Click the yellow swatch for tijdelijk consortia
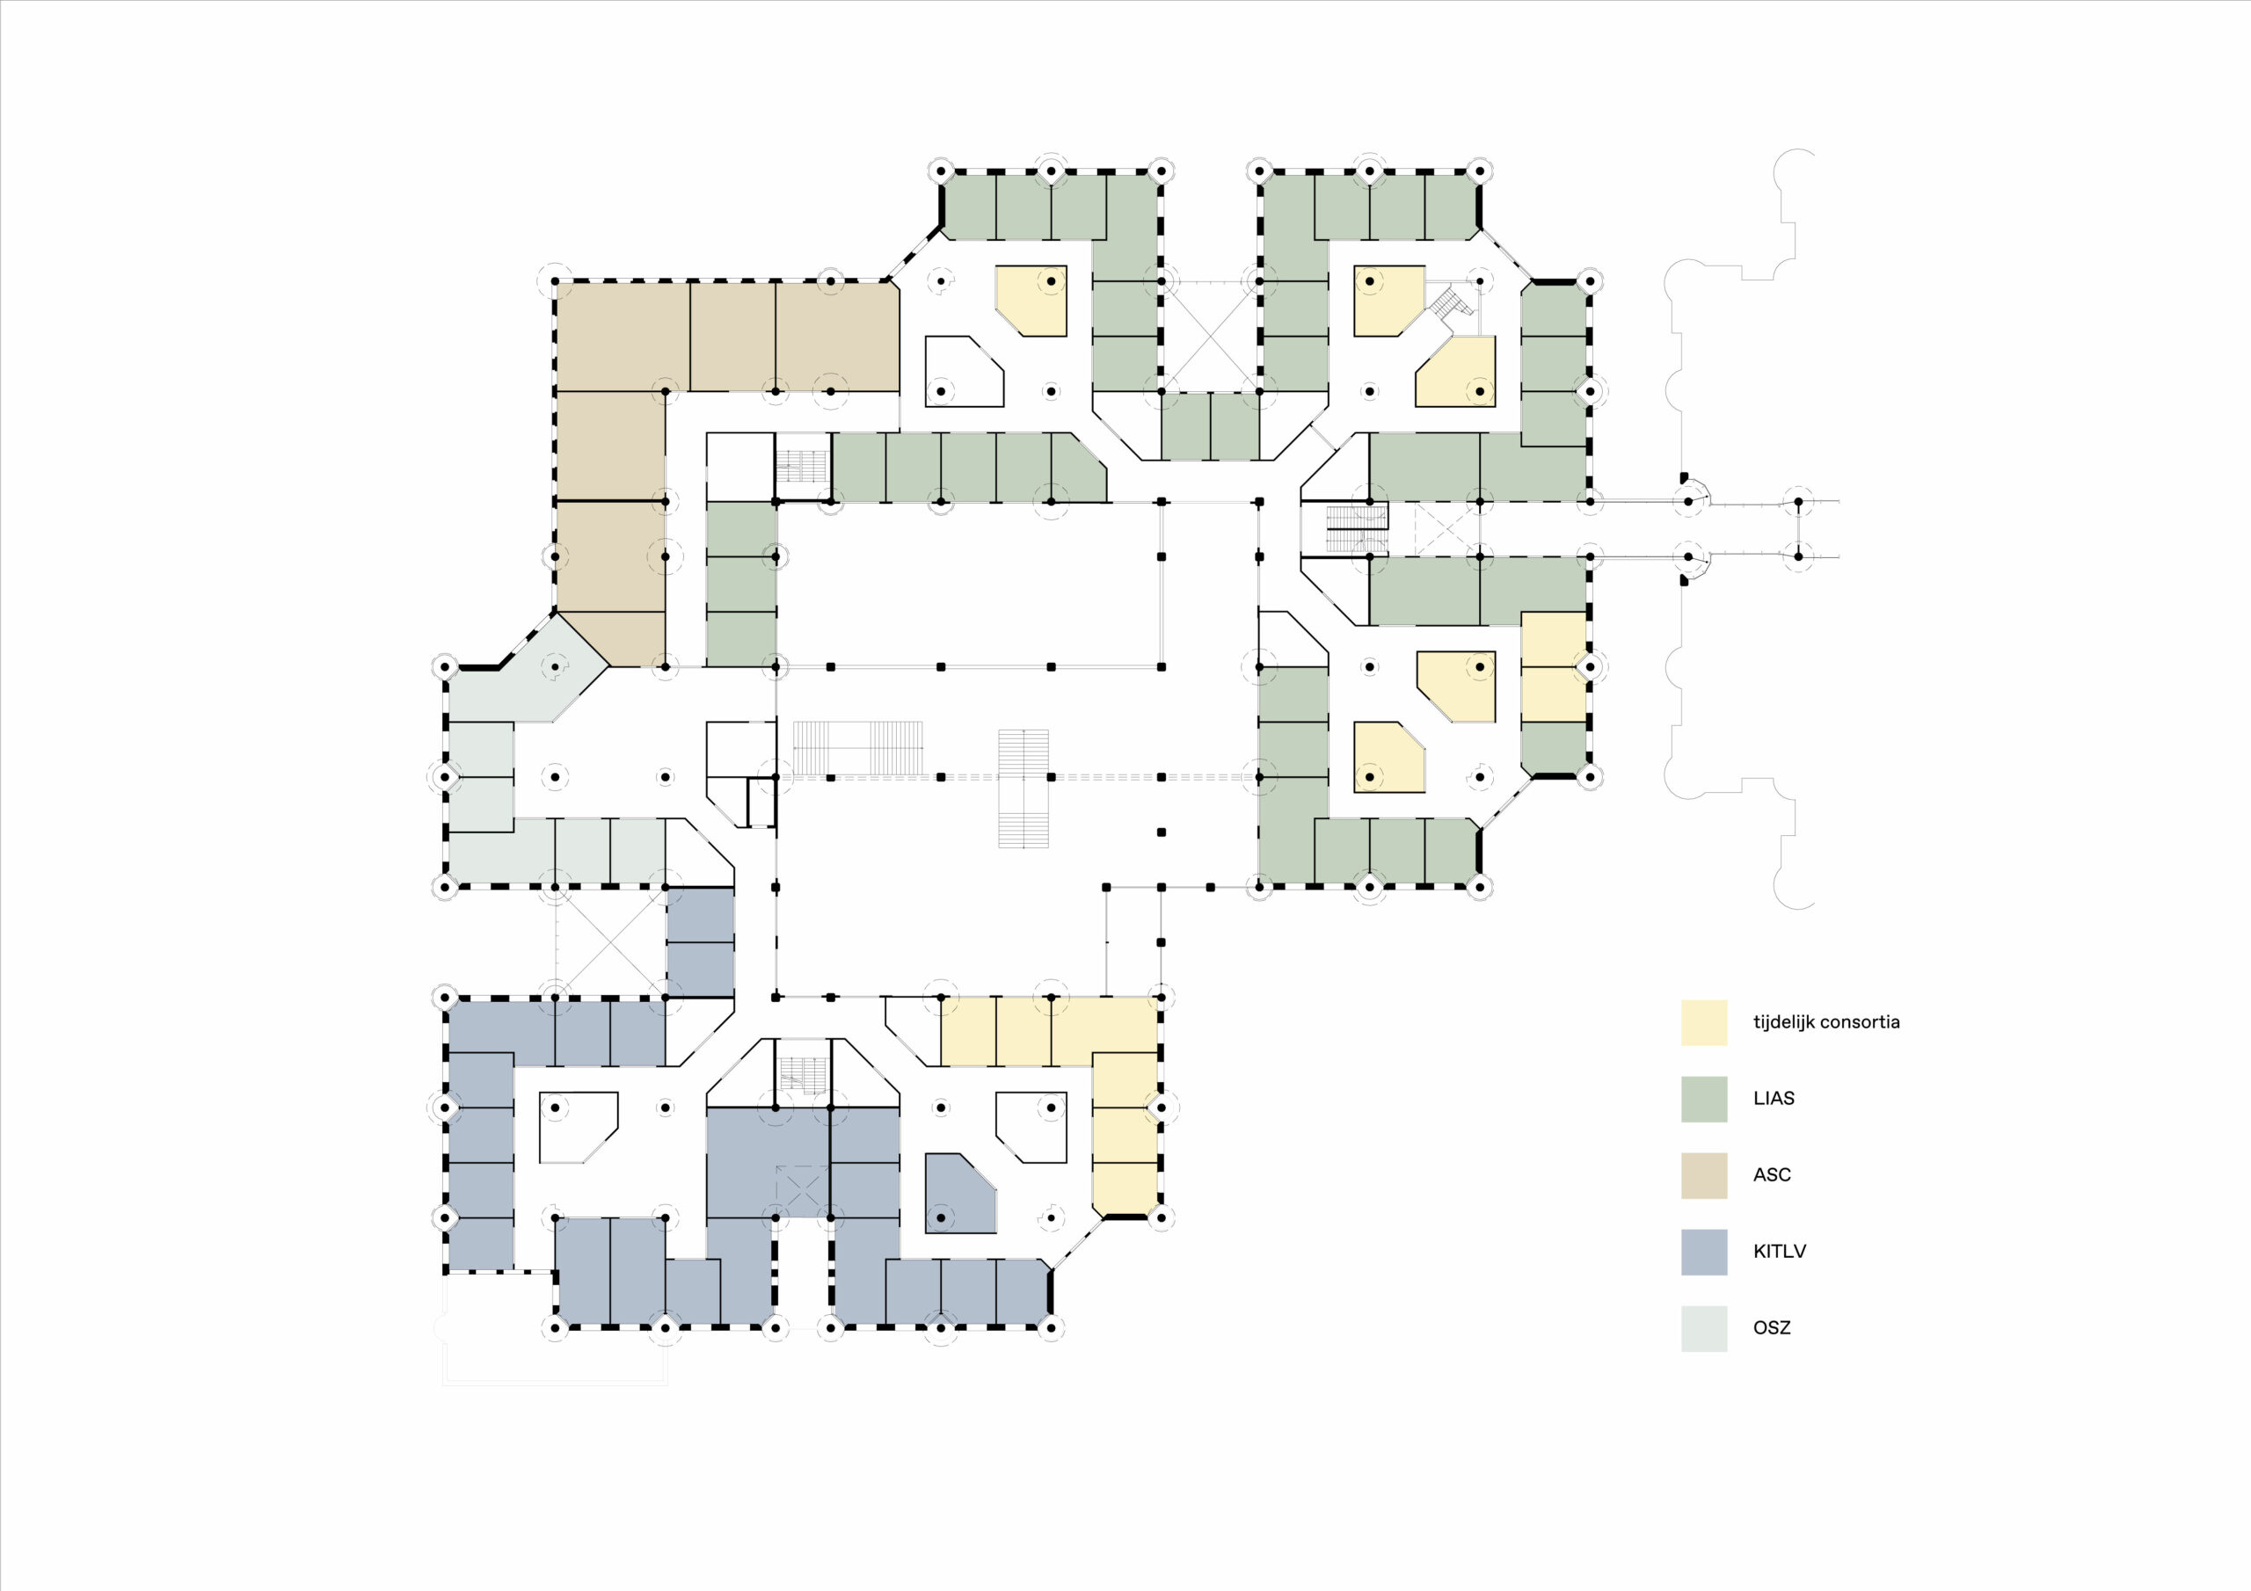pyautogui.click(x=1704, y=1022)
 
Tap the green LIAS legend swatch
pyautogui.click(x=1704, y=1099)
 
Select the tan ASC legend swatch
pyautogui.click(x=1704, y=1175)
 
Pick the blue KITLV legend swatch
pyautogui.click(x=1704, y=1252)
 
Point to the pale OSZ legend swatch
pyautogui.click(x=1704, y=1328)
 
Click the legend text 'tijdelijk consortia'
pyautogui.click(x=1826, y=1022)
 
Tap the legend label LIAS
pyautogui.click(x=1774, y=1099)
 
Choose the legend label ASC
pyautogui.click(x=1772, y=1175)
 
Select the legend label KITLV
pyautogui.click(x=1780, y=1252)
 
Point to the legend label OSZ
pyautogui.click(x=1772, y=1328)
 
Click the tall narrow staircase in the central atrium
pyautogui.click(x=1024, y=788)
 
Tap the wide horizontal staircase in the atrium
pyautogui.click(x=858, y=749)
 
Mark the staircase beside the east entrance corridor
pyautogui.click(x=1357, y=529)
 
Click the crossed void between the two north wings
pyautogui.click(x=1210, y=338)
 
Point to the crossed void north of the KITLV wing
pyautogui.click(x=610, y=942)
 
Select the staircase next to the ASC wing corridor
pyautogui.click(x=803, y=467)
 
